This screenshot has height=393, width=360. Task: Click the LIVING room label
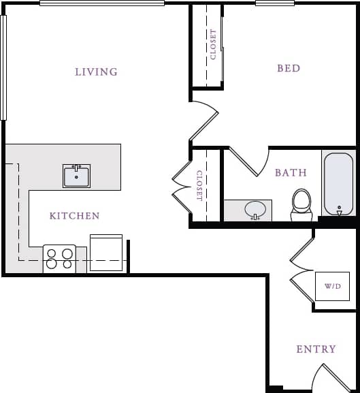pos(96,72)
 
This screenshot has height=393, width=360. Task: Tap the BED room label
pos(289,68)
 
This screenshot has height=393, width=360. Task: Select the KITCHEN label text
pos(75,216)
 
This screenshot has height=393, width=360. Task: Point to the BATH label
pos(291,173)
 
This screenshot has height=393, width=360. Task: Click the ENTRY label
pos(316,349)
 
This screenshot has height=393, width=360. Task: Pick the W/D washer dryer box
pos(332,286)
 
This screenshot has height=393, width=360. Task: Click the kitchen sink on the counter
pos(77,176)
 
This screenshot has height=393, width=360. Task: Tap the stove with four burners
pos(59,259)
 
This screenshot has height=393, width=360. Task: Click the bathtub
pos(338,183)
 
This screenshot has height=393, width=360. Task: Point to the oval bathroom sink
pos(255,209)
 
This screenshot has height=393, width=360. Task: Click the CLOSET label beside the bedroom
pos(214,44)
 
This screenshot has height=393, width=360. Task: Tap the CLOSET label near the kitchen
pos(199,185)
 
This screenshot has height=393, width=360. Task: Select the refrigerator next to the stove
pos(106,253)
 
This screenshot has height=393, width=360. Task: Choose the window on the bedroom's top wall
pos(275,3)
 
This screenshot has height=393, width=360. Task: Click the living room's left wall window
pos(3,67)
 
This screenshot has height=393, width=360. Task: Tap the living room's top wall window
pos(101,3)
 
